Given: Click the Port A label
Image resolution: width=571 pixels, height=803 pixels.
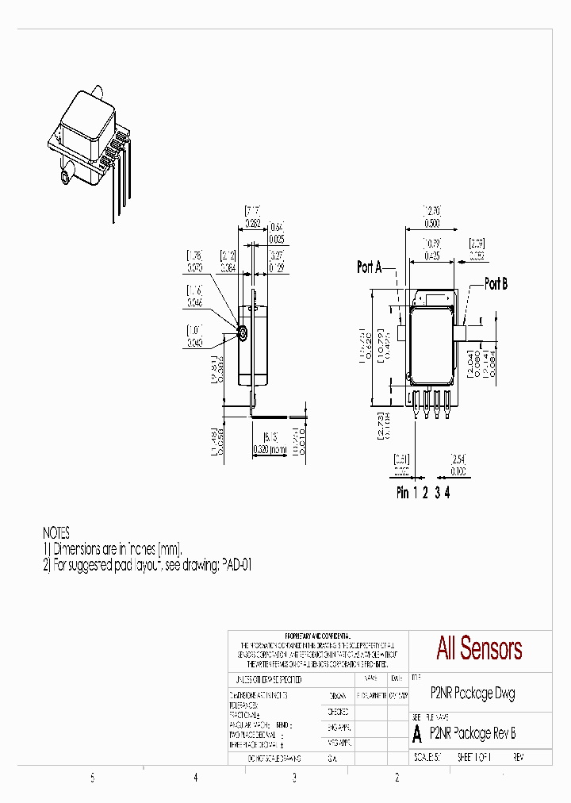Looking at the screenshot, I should click(370, 267).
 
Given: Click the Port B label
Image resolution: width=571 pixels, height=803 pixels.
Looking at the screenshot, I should click(496, 284).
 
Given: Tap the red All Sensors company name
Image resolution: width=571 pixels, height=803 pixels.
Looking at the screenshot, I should click(479, 648).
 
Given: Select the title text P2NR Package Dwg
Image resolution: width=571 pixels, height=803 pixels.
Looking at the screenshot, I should click(473, 693).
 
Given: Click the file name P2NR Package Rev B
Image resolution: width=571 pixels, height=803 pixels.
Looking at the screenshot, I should click(473, 734).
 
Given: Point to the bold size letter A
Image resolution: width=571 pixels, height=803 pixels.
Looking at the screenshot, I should click(418, 734).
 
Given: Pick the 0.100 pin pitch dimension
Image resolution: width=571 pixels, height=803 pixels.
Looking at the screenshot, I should click(458, 471).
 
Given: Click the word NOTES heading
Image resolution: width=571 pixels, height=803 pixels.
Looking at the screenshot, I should click(56, 533).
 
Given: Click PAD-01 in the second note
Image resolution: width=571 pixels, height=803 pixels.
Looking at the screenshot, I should click(236, 565).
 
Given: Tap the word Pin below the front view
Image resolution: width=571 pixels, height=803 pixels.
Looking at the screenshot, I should click(403, 493).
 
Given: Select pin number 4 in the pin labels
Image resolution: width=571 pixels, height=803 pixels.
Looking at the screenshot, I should click(447, 493).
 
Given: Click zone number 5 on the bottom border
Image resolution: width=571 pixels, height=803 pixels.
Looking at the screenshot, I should click(93, 778).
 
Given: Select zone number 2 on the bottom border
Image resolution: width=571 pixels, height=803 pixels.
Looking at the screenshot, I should click(397, 778).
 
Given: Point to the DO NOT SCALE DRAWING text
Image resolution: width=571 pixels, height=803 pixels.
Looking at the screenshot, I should click(274, 758).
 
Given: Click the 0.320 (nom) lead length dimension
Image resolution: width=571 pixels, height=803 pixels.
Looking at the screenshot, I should click(270, 449).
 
